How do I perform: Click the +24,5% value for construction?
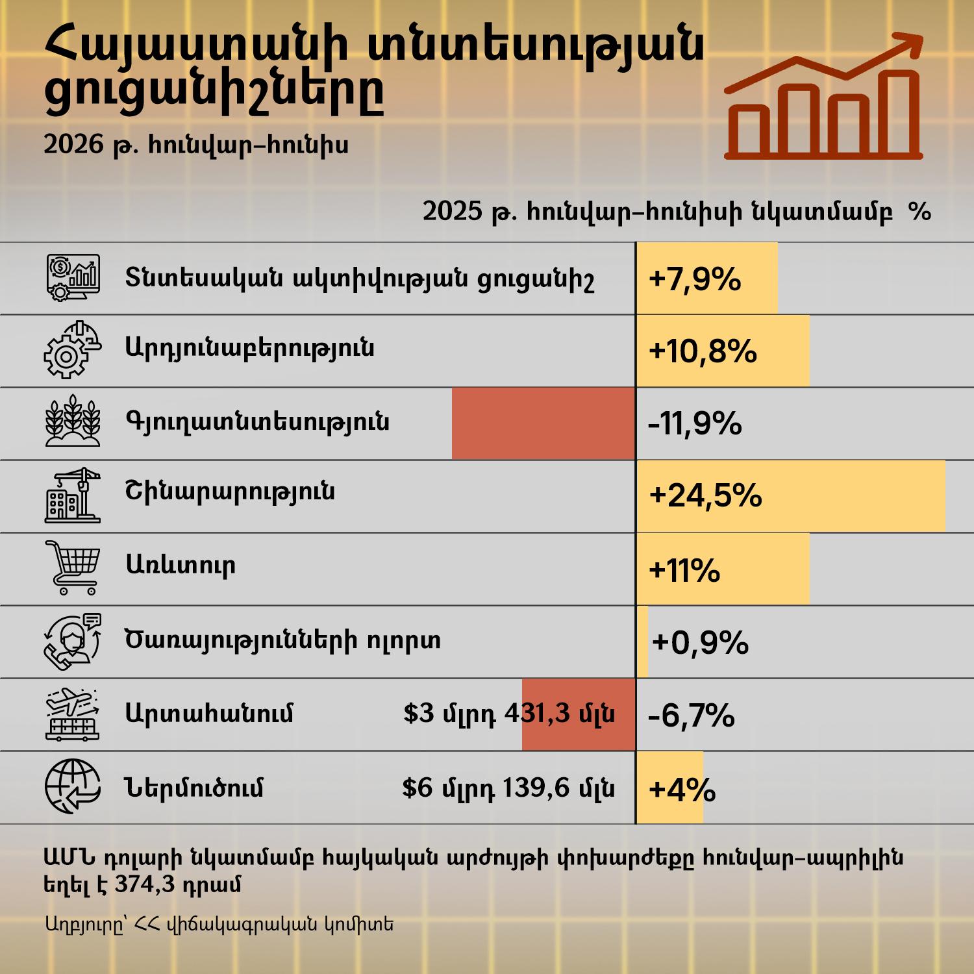click(x=705, y=496)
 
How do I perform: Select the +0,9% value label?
click(x=701, y=642)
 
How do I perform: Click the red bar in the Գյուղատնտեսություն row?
click(x=543, y=424)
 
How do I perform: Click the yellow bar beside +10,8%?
click(x=723, y=351)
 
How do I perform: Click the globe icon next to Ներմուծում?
click(x=73, y=786)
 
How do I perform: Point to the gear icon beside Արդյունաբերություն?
click(x=72, y=350)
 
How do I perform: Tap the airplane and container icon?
click(x=73, y=714)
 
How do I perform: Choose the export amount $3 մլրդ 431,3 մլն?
click(x=509, y=714)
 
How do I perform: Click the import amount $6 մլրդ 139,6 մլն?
click(x=508, y=788)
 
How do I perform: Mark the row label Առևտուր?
click(x=181, y=565)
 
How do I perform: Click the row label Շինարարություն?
click(x=230, y=491)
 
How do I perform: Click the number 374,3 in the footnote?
click(x=145, y=884)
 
